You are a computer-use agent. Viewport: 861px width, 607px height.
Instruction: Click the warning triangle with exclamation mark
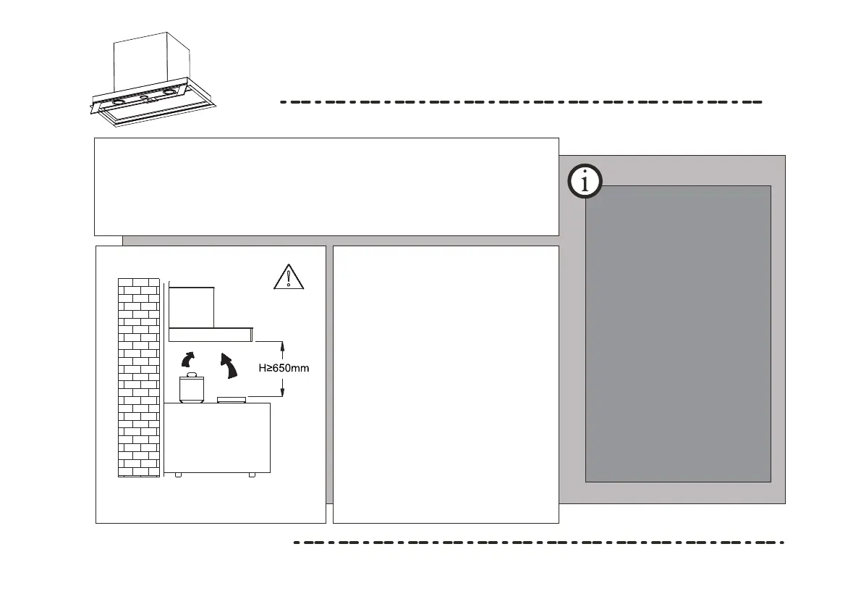tap(288, 277)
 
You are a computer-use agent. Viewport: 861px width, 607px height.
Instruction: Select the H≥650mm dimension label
tap(284, 369)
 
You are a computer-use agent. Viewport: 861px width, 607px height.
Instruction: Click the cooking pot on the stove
tap(192, 388)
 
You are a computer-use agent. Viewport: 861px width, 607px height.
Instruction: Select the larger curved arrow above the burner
tap(230, 365)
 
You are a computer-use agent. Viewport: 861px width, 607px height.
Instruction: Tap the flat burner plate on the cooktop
tap(232, 399)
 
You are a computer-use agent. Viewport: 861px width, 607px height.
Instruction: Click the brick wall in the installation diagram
tap(138, 377)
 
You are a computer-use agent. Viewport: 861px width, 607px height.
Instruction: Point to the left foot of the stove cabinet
tap(178, 474)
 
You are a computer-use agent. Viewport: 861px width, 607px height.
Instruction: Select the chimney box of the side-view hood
tap(192, 306)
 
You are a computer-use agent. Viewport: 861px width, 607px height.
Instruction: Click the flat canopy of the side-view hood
tap(211, 334)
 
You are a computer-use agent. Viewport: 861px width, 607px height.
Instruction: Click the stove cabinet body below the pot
tap(217, 438)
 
